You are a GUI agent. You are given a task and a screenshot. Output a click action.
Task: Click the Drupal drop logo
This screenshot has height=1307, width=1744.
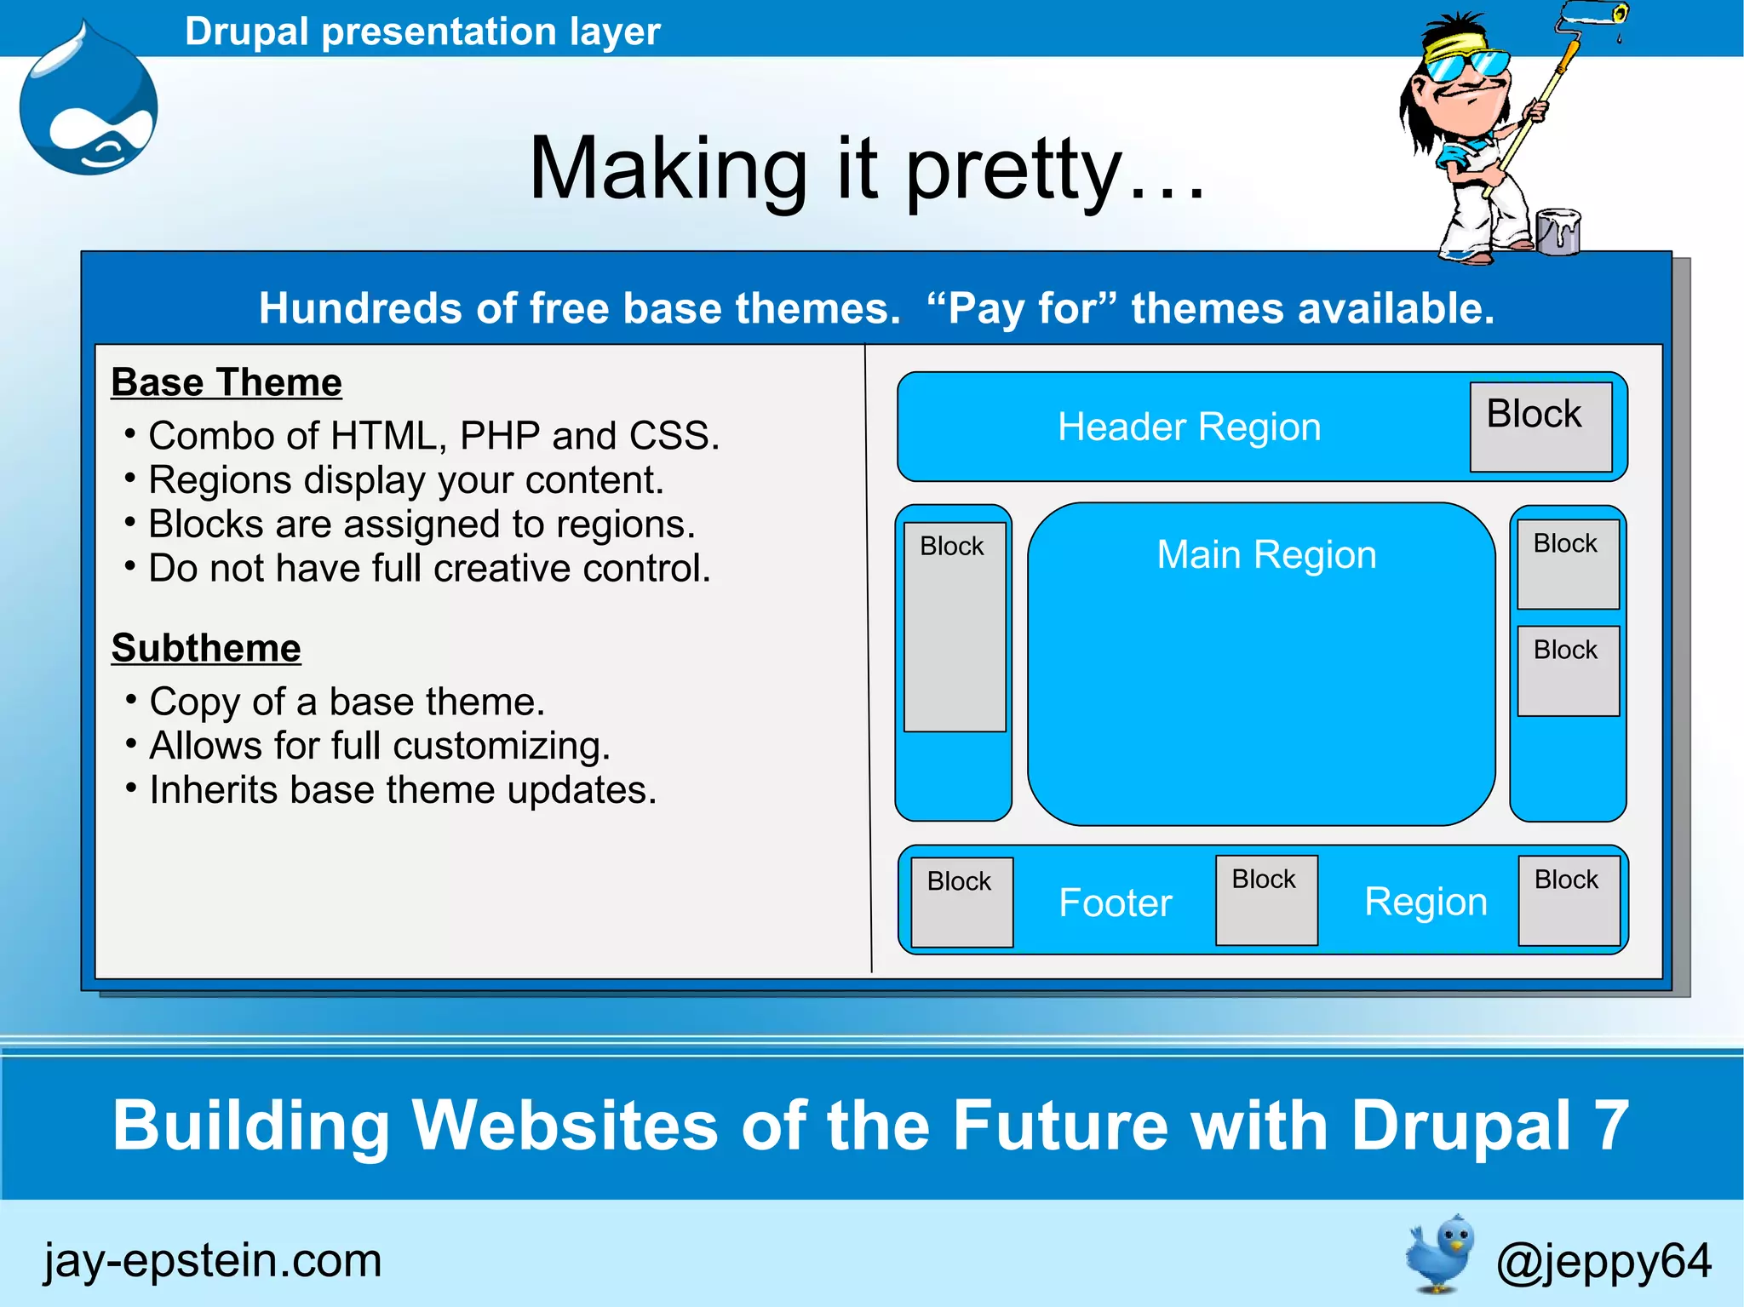click(x=89, y=106)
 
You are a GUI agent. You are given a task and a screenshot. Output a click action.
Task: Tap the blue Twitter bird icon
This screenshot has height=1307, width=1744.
click(x=1441, y=1253)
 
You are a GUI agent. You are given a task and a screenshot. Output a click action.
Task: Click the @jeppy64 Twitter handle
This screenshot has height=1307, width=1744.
click(x=1603, y=1261)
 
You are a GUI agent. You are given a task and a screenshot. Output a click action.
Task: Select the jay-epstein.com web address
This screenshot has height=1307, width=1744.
click(x=213, y=1260)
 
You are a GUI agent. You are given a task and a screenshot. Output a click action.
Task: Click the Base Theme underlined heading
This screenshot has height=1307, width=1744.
click(x=227, y=382)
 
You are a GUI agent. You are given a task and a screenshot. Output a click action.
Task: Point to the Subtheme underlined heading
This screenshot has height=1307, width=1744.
click(x=206, y=648)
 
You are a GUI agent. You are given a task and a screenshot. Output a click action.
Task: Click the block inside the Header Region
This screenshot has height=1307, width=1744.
click(x=1540, y=427)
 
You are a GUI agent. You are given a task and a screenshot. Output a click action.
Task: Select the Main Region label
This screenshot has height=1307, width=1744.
click(x=1266, y=555)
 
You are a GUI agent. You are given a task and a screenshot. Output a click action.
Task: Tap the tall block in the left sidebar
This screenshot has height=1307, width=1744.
click(x=955, y=627)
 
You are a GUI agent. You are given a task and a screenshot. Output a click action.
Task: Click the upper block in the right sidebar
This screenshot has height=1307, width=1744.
click(x=1568, y=565)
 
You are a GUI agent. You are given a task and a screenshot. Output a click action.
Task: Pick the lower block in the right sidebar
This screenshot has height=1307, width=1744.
click(x=1568, y=671)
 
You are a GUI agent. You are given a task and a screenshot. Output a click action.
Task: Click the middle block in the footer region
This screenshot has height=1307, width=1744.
click(x=1266, y=900)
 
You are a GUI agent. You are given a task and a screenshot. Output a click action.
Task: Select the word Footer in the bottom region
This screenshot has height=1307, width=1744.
click(x=1116, y=903)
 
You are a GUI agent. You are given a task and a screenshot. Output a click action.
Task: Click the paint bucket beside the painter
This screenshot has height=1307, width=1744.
click(x=1558, y=231)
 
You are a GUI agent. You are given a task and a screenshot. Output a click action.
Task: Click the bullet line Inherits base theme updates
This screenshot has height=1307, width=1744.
click(x=403, y=789)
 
